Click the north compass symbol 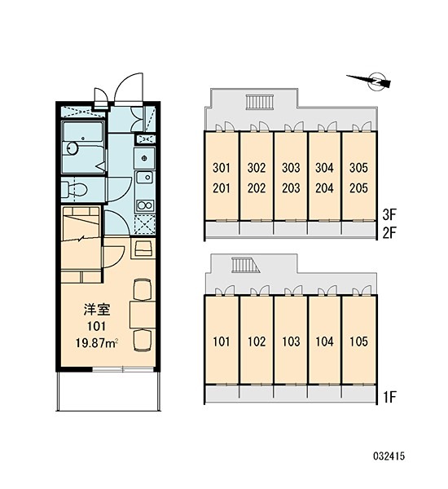pyautogui.click(x=371, y=81)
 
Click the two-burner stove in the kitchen pyautogui.click(x=145, y=205)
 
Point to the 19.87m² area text pyautogui.click(x=96, y=343)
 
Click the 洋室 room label pyautogui.click(x=97, y=310)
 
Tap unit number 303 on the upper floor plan pyautogui.click(x=291, y=168)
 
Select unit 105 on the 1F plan pyautogui.click(x=358, y=341)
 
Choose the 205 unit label pyautogui.click(x=358, y=188)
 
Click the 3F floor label pyautogui.click(x=389, y=214)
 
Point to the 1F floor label pyautogui.click(x=389, y=397)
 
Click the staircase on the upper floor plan pyautogui.click(x=259, y=102)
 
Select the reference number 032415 pyautogui.click(x=389, y=456)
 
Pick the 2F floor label pyautogui.click(x=389, y=232)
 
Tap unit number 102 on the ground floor pyautogui.click(x=257, y=341)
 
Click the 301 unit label pyautogui.click(x=222, y=168)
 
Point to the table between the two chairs pyautogui.click(x=143, y=315)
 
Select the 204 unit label pyautogui.click(x=324, y=188)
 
